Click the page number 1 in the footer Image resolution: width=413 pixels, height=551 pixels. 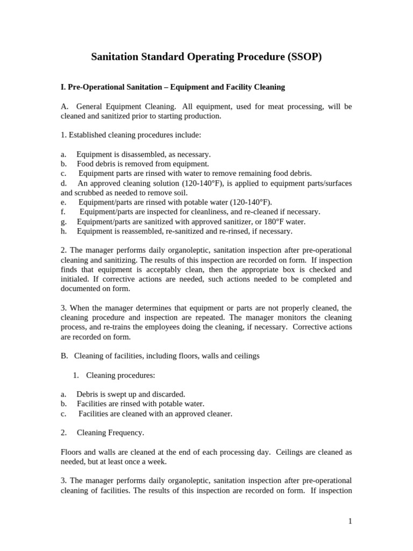(350, 521)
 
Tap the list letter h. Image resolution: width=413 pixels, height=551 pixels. (63, 231)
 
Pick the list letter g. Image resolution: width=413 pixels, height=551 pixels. (63, 221)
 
